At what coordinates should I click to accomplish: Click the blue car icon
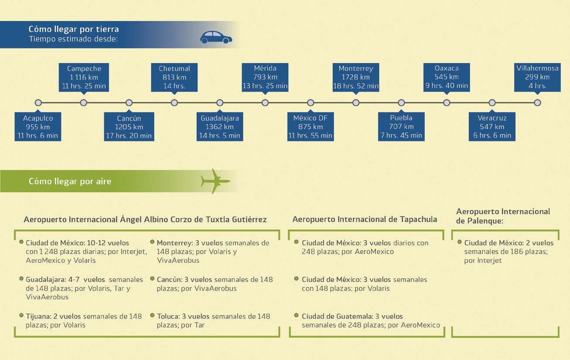(x=216, y=37)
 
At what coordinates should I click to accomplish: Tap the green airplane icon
(x=215, y=181)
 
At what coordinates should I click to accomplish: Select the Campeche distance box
(x=84, y=77)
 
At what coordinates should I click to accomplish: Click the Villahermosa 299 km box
(x=537, y=77)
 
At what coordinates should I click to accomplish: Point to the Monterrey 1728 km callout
(x=356, y=77)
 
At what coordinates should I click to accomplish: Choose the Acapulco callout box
(x=38, y=127)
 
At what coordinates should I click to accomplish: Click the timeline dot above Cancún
(x=129, y=103)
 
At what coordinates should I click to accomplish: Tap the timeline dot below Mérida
(x=265, y=103)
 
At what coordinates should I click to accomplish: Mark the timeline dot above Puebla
(x=401, y=103)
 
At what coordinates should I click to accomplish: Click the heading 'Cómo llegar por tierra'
(x=74, y=29)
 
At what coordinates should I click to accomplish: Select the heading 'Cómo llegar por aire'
(x=70, y=181)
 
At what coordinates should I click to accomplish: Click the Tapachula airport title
(x=365, y=219)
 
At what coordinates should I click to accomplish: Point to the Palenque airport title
(x=503, y=216)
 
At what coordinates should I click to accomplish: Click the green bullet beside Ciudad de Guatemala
(x=297, y=315)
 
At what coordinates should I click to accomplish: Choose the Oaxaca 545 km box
(x=447, y=77)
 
